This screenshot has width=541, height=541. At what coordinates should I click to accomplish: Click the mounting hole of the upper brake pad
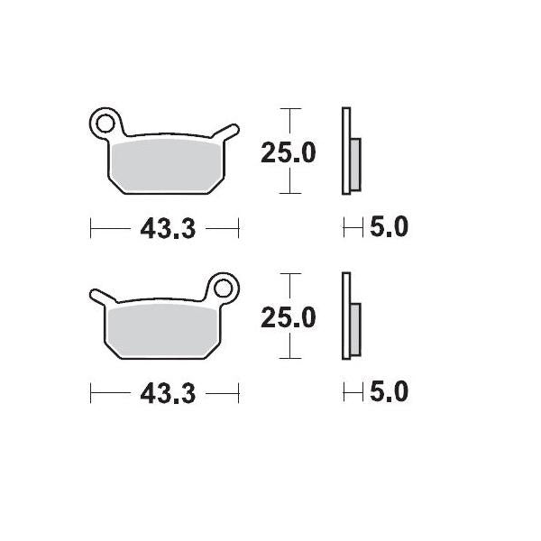(x=105, y=123)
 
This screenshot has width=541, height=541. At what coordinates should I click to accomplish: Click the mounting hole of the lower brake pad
(x=223, y=289)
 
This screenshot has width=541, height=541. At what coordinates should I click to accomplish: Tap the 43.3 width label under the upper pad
(x=168, y=229)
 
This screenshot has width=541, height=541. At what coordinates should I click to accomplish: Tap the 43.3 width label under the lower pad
(x=168, y=394)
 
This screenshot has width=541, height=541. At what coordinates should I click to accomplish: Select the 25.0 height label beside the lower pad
(x=289, y=318)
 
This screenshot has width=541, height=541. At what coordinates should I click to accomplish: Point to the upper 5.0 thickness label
(x=389, y=228)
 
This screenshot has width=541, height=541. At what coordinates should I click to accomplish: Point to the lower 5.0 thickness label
(x=389, y=393)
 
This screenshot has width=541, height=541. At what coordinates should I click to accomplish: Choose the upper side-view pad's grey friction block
(x=354, y=163)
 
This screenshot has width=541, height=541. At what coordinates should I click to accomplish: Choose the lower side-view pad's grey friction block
(x=354, y=328)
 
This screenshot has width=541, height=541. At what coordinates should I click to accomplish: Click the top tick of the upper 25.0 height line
(x=289, y=109)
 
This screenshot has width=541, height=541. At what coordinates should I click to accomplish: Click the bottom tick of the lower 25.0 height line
(x=289, y=359)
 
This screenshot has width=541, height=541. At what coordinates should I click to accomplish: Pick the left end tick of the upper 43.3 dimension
(x=91, y=229)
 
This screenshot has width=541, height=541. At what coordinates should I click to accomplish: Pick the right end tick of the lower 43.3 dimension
(x=238, y=394)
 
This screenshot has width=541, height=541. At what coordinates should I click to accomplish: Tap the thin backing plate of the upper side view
(x=344, y=151)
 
